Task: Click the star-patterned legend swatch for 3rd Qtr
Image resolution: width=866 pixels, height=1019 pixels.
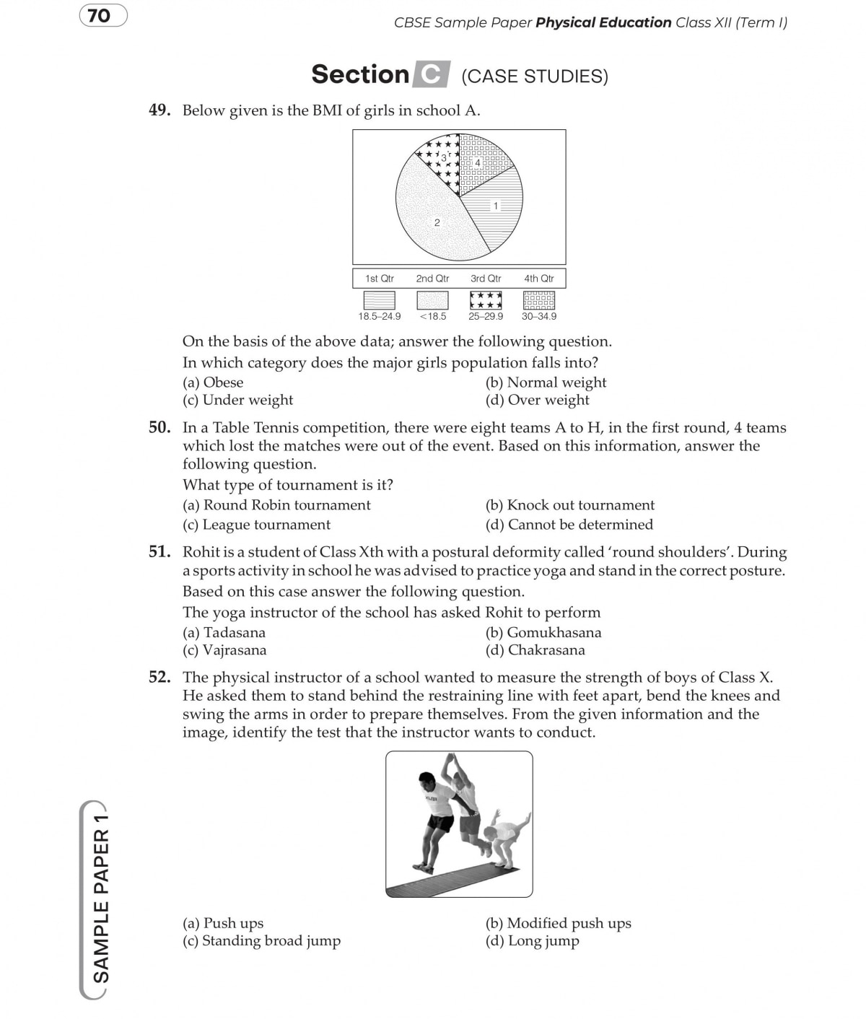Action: click(x=486, y=299)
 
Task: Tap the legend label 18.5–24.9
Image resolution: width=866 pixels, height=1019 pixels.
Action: click(x=379, y=316)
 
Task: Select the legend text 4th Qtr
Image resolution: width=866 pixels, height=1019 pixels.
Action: click(x=538, y=279)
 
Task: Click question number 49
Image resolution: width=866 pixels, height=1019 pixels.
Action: click(x=159, y=110)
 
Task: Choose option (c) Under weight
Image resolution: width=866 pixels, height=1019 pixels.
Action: click(x=237, y=400)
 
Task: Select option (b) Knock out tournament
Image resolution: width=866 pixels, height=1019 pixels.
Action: click(x=570, y=505)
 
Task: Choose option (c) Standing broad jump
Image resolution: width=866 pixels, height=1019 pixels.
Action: click(x=261, y=940)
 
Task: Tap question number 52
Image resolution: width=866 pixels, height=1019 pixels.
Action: click(x=159, y=677)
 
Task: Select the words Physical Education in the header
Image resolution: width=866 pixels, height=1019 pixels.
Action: click(x=603, y=22)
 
